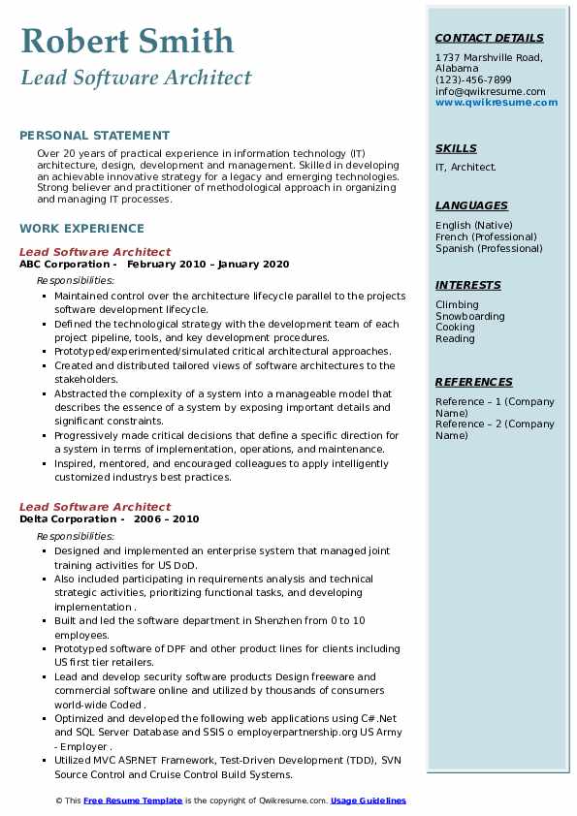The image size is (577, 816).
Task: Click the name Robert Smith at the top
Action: click(126, 41)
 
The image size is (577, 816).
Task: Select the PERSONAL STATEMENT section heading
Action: click(94, 136)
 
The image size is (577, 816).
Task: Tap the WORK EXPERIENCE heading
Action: click(81, 229)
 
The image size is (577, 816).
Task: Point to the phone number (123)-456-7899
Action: click(473, 80)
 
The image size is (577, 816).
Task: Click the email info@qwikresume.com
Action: click(490, 92)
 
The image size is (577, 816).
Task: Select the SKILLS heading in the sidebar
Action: click(456, 149)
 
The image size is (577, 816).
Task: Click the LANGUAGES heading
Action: click(471, 205)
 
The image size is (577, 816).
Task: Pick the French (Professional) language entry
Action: click(486, 236)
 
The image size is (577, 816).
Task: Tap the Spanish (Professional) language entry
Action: click(489, 248)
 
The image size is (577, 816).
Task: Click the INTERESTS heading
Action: click(467, 286)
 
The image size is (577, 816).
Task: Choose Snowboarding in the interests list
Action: click(469, 316)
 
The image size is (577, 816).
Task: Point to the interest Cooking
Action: click(455, 328)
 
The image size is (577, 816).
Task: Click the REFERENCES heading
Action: click(473, 382)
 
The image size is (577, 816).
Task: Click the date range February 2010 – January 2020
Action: click(208, 264)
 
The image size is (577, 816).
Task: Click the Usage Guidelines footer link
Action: click(368, 800)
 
